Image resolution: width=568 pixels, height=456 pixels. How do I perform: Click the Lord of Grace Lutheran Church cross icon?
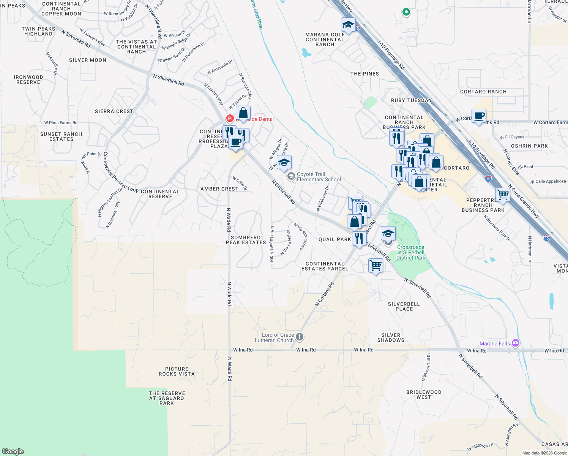point(300,337)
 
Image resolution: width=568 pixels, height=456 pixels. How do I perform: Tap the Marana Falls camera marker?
point(515,344)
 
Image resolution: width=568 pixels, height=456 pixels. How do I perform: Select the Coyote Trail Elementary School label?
point(319,177)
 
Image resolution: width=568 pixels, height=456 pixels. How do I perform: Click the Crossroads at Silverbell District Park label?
point(411,252)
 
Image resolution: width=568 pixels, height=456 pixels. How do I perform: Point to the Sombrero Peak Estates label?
point(246,240)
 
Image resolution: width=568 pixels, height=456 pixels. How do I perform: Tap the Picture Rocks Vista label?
point(177,371)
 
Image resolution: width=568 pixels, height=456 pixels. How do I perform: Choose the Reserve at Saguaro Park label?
point(167,398)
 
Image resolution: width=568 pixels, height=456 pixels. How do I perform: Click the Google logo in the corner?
point(13,451)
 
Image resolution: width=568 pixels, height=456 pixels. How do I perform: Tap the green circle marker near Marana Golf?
point(406,12)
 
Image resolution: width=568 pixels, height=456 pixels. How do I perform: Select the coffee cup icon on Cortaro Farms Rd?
point(479,116)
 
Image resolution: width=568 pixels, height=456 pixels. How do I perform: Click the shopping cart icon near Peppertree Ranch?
point(503,195)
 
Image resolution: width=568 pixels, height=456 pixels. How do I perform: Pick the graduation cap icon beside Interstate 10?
point(348,25)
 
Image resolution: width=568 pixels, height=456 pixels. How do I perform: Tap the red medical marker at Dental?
point(230,118)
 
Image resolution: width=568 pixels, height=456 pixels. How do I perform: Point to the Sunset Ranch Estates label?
point(61,136)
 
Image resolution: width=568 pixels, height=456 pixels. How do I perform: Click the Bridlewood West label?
point(424,394)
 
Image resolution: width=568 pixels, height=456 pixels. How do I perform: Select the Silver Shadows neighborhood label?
point(391,337)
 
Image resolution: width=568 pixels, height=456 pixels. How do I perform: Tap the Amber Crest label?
point(219,189)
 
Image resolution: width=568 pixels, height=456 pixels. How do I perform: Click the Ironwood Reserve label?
point(28,79)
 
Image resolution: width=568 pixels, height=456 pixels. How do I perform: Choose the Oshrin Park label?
point(529,146)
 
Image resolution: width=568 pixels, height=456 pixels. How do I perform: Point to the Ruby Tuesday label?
point(411,100)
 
